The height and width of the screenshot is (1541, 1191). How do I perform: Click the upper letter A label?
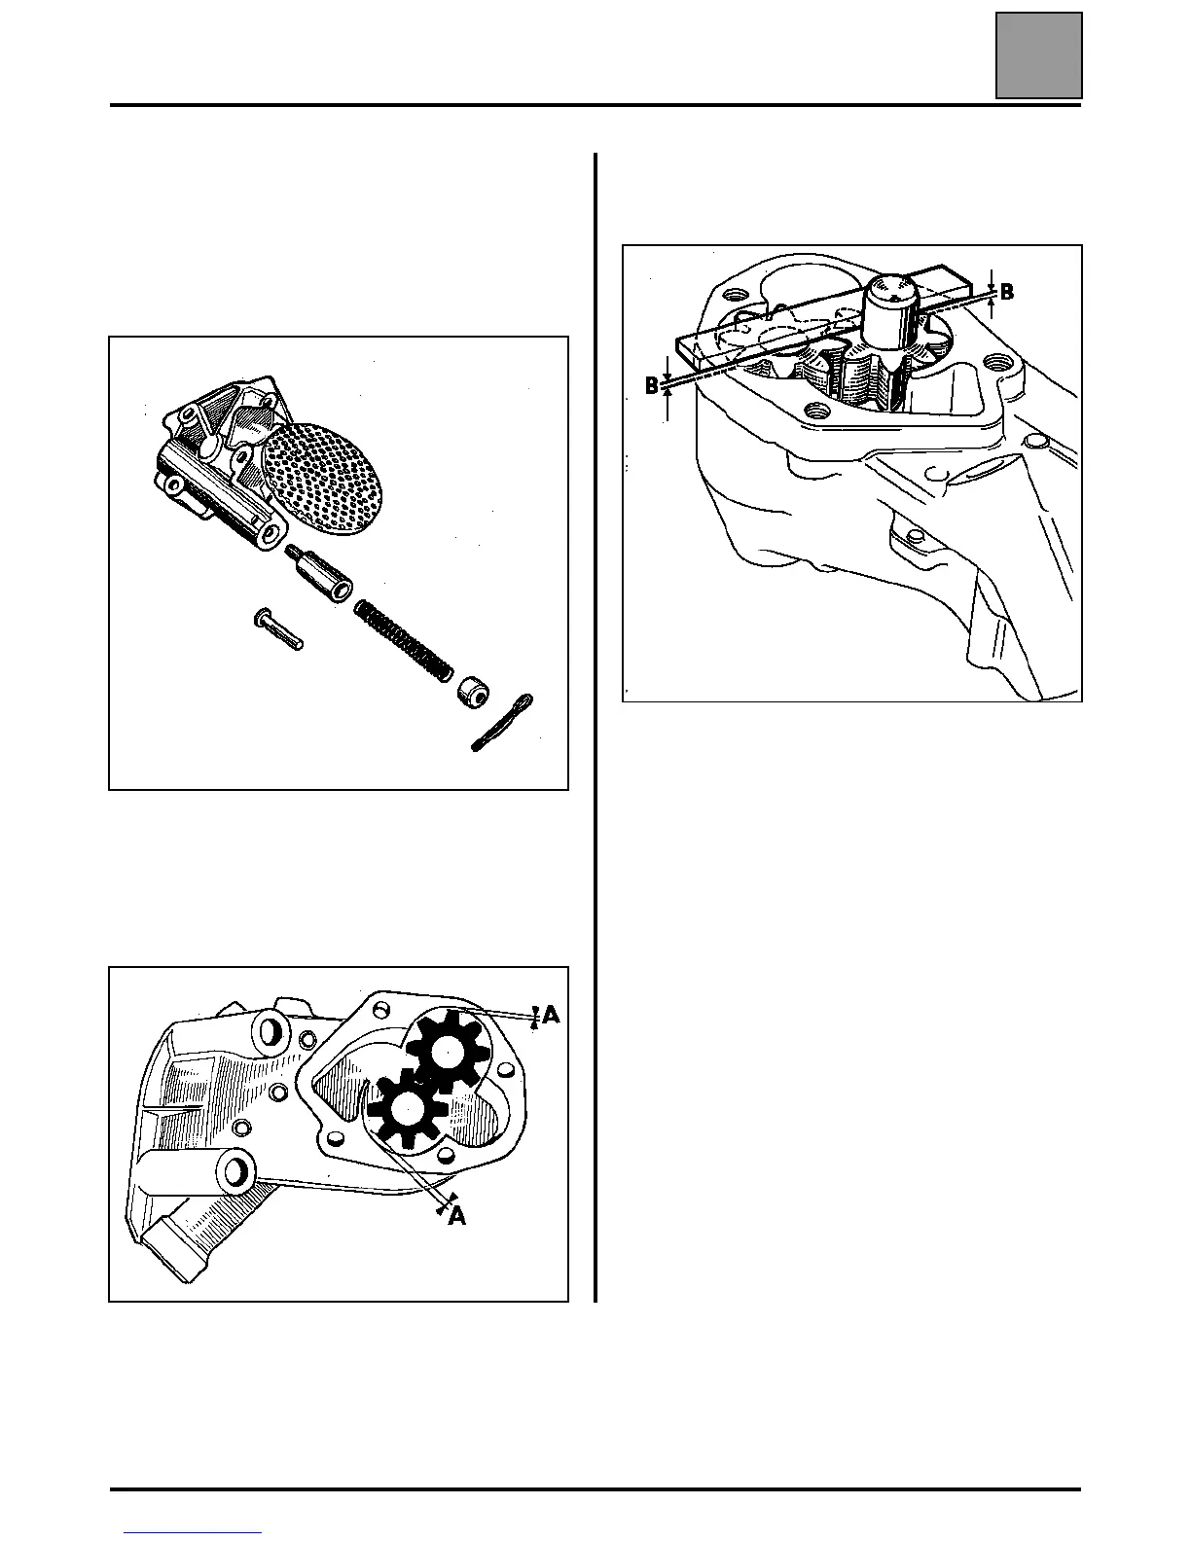[x=551, y=1015]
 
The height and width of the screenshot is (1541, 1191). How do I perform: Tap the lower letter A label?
[x=456, y=1215]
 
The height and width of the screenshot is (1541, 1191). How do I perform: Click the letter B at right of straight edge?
[x=1007, y=292]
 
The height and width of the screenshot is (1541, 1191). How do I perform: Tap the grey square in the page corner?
[x=1038, y=54]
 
